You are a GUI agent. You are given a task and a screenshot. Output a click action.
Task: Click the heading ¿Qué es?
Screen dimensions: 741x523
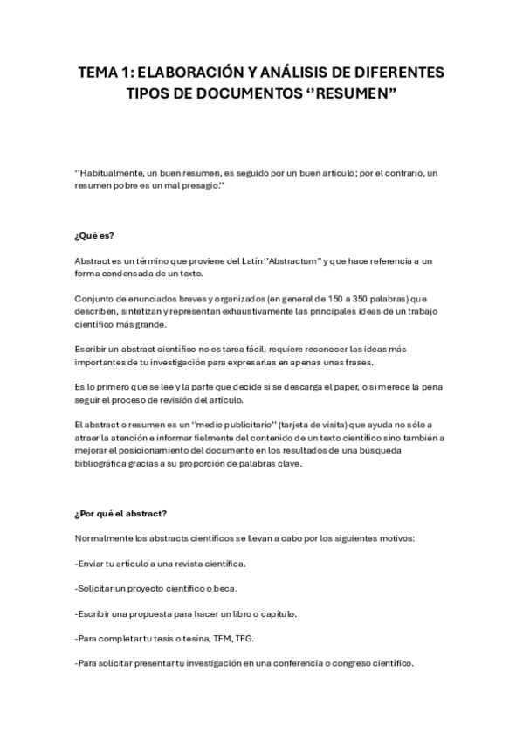[94, 236]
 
